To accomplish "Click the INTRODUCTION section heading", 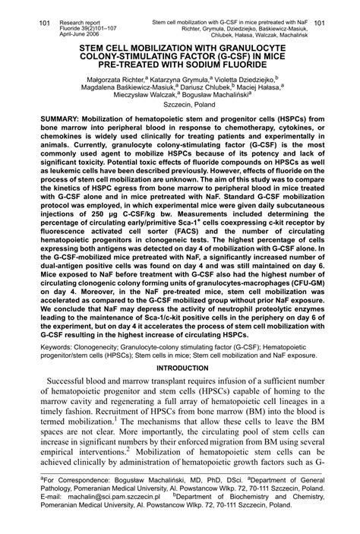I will (x=179, y=367).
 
